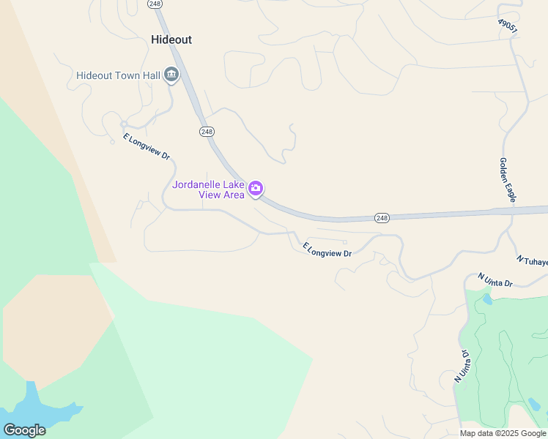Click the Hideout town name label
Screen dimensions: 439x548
click(171, 40)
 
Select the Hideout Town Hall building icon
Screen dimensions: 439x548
click(171, 75)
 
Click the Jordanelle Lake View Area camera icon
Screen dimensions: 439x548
click(256, 189)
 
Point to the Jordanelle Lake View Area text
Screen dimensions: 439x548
click(209, 190)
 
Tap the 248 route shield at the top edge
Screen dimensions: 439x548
click(155, 4)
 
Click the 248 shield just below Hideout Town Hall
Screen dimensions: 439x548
click(206, 131)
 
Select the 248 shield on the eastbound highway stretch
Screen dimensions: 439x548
click(381, 218)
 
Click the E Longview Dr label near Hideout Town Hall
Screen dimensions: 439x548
click(146, 147)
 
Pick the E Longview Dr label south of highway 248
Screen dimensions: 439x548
click(327, 249)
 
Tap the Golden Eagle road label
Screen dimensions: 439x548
click(508, 179)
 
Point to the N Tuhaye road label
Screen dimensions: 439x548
click(533, 260)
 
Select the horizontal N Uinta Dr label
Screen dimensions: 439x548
click(495, 280)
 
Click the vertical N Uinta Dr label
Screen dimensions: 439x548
click(462, 366)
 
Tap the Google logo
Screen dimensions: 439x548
click(24, 430)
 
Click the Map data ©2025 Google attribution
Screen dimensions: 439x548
click(503, 433)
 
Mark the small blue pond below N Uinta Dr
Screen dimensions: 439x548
click(487, 299)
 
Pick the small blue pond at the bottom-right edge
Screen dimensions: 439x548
click(534, 404)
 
